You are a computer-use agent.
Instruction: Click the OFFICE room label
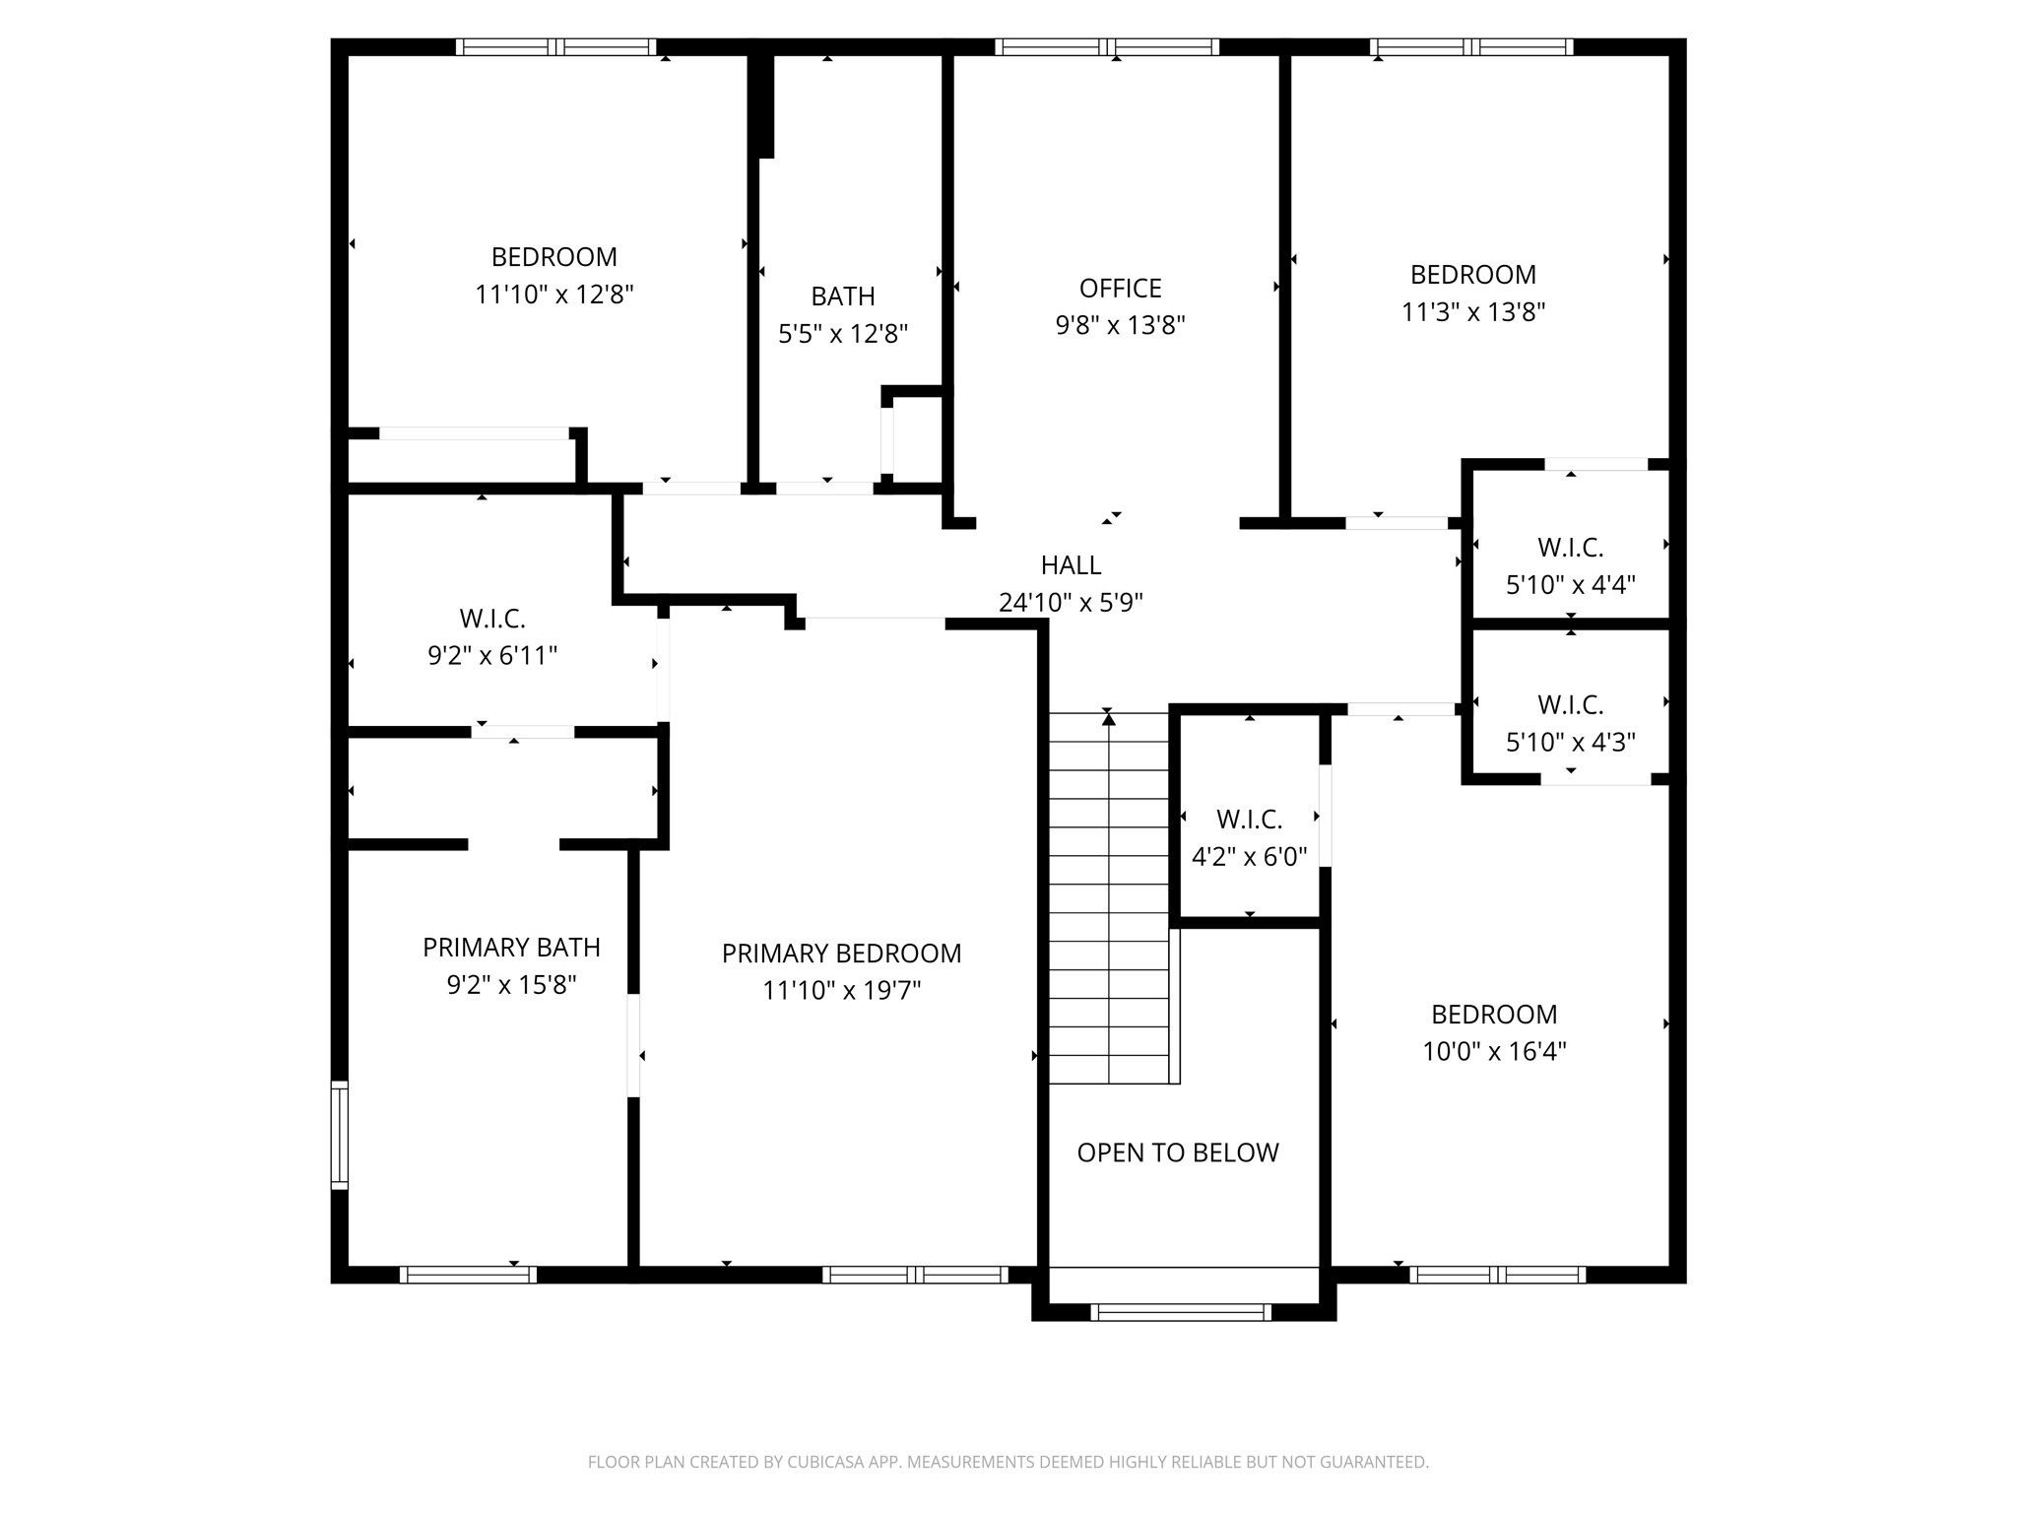point(1120,289)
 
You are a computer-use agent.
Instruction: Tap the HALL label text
point(1071,565)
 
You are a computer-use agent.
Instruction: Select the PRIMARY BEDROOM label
point(841,954)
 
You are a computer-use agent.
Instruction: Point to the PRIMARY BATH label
point(511,948)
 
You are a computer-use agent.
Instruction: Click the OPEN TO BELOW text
point(1178,1152)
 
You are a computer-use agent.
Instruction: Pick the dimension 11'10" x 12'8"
point(554,295)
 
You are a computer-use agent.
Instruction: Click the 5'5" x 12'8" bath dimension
point(843,334)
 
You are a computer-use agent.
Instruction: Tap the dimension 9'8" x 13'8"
point(1120,325)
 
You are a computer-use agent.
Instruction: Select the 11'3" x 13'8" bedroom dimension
point(1473,312)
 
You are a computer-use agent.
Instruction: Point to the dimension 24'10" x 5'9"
point(1071,602)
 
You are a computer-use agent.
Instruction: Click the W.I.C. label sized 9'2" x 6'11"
point(492,619)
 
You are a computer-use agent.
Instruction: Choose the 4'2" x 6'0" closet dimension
point(1249,857)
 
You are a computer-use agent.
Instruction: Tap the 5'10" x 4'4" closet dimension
point(1571,585)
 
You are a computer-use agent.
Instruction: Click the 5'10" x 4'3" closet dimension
point(1571,742)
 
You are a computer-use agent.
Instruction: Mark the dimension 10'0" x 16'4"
point(1494,1052)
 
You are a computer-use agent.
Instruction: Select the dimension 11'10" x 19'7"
point(841,990)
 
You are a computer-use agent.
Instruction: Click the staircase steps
point(1109,897)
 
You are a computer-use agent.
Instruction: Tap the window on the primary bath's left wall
point(339,1135)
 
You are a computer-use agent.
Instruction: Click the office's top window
point(1107,46)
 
